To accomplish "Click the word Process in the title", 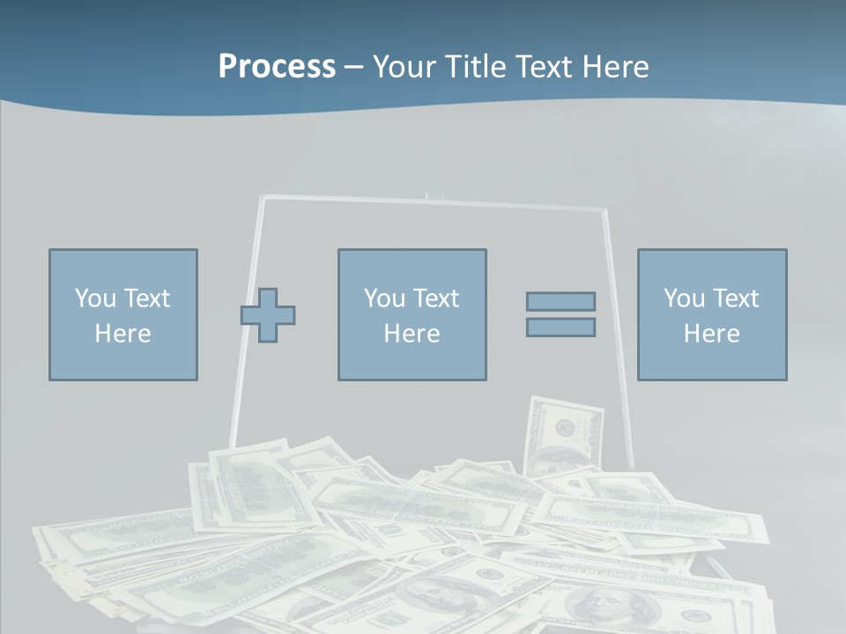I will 277,67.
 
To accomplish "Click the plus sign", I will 268,314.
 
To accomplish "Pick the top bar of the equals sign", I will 560,301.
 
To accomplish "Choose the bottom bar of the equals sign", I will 560,328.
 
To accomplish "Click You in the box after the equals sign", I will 684,299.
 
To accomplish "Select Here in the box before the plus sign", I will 123,334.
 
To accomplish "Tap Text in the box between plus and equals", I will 437,299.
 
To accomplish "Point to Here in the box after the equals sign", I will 712,334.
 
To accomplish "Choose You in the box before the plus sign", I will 95,299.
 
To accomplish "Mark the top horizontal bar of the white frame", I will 432,203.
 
